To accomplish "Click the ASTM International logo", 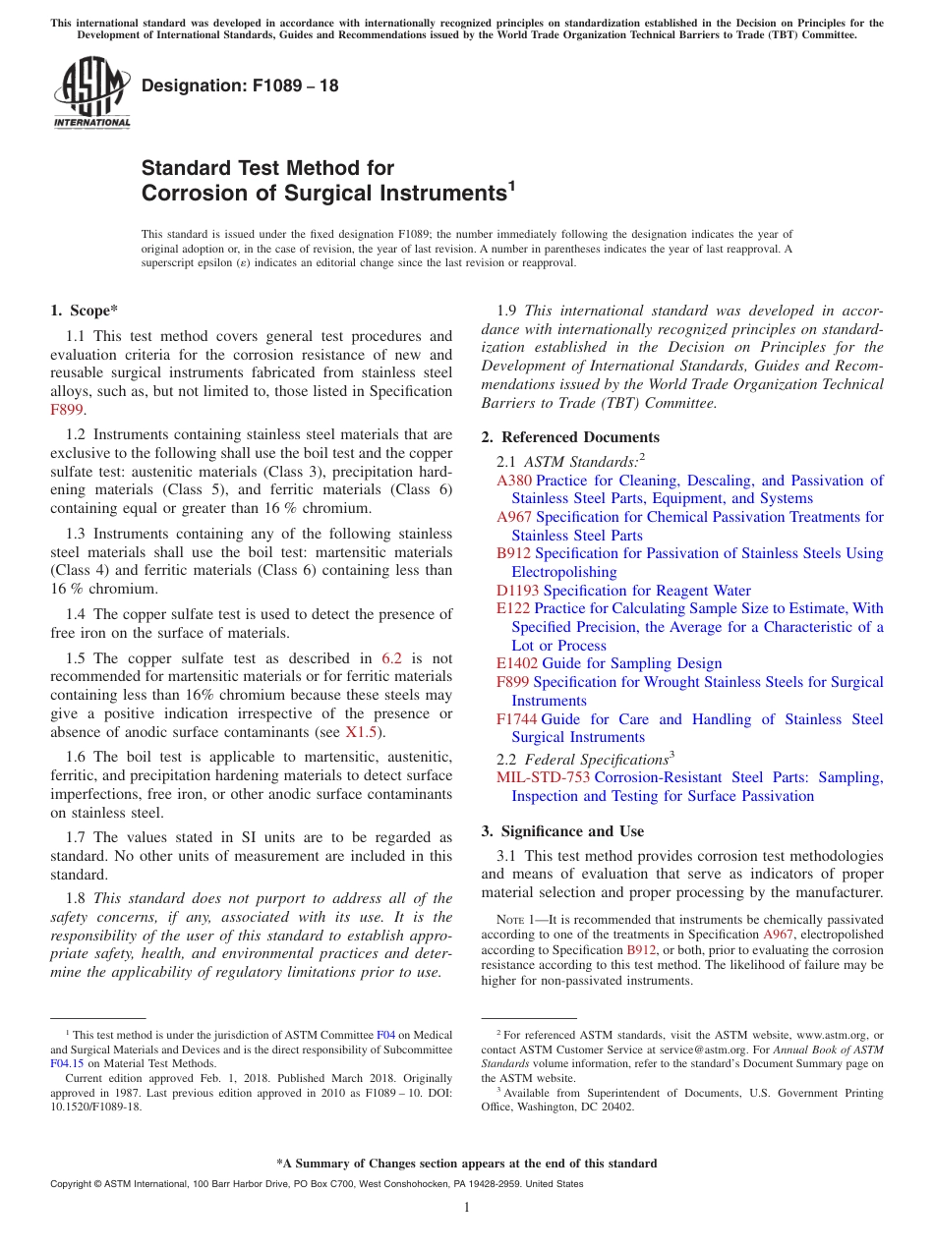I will [x=90, y=92].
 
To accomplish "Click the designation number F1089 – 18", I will [x=240, y=85].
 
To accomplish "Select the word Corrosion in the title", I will [x=190, y=194].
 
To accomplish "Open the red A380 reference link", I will [x=513, y=481].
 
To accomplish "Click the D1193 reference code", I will [x=517, y=591].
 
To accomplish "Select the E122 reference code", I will [x=513, y=608].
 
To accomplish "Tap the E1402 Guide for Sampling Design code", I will [x=517, y=663].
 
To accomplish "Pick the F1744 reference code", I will [x=516, y=719].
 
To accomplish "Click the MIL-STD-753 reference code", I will [x=544, y=777].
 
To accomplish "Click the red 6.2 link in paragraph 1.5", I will [x=390, y=658].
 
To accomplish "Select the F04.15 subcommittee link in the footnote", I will [x=67, y=1062].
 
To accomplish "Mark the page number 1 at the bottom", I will [x=467, y=1208].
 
